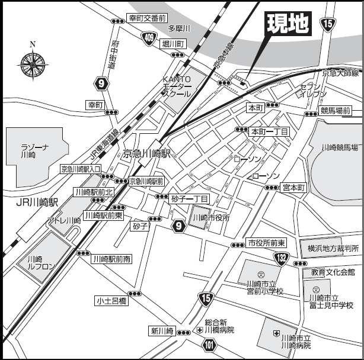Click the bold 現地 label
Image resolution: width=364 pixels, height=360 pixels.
[288, 24]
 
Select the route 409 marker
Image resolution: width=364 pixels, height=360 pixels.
[151, 38]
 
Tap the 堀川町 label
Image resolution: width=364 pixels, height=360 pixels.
[175, 44]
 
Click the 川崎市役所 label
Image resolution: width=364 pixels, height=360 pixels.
[209, 218]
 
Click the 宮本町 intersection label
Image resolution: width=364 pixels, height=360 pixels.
[293, 188]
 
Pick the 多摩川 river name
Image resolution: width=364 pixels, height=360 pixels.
[178, 28]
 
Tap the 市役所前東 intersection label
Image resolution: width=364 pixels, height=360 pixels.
[267, 243]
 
